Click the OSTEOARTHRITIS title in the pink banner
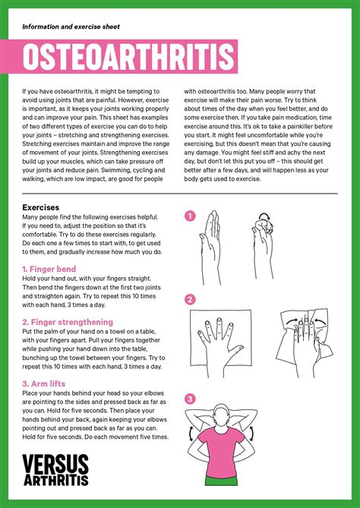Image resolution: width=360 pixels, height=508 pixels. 129,58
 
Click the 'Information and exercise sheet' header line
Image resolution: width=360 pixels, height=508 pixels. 71,27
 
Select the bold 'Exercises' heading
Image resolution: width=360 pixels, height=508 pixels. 41,207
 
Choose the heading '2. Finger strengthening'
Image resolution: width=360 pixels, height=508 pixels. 68,321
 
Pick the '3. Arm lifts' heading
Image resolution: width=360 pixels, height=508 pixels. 43,383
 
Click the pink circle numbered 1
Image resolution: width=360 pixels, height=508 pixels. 190,216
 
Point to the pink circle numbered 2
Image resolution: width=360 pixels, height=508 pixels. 190,299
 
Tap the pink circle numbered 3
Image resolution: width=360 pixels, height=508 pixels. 190,398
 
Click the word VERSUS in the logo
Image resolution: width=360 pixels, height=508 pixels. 55,465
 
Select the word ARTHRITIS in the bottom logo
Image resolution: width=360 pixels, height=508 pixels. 55,480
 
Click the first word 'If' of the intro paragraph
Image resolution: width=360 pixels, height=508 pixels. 24,90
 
